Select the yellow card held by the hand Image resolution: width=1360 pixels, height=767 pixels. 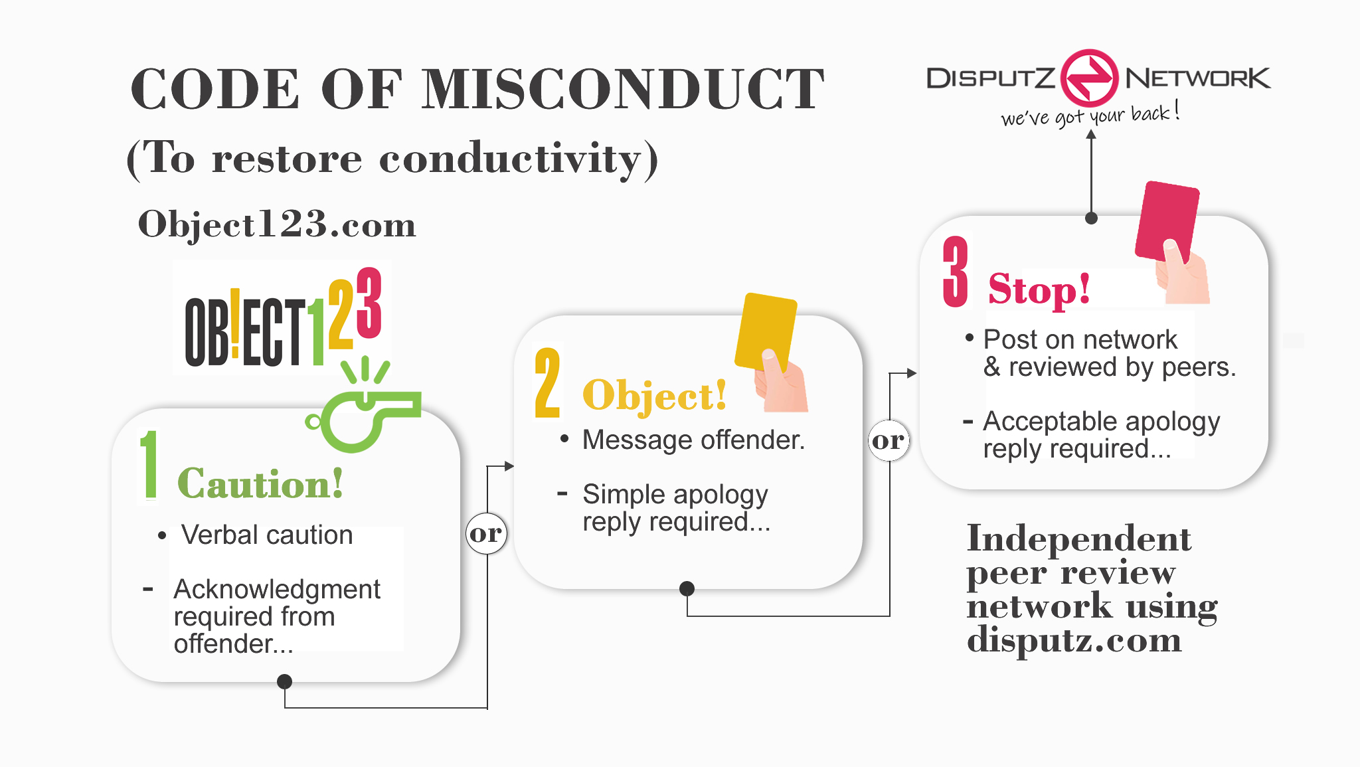(766, 331)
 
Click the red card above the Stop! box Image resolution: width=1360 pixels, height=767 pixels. (1167, 220)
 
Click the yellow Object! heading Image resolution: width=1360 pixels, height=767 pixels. (654, 396)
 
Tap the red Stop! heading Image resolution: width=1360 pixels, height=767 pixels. (1039, 290)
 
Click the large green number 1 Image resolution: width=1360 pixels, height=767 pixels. (150, 464)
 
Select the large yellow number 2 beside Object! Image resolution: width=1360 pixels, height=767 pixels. (548, 383)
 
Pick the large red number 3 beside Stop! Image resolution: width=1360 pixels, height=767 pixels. (956, 272)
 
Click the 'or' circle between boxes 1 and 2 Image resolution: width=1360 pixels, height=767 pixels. (486, 533)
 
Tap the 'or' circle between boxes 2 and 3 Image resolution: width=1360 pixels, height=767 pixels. (889, 440)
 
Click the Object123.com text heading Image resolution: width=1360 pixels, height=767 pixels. (277, 224)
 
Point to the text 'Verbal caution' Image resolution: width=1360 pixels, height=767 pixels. (267, 535)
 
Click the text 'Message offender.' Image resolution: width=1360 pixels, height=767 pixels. (693, 440)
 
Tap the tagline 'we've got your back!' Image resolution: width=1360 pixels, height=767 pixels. (1090, 115)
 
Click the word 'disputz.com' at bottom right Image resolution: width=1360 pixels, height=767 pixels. (1074, 640)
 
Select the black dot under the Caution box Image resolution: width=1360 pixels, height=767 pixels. (284, 681)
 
